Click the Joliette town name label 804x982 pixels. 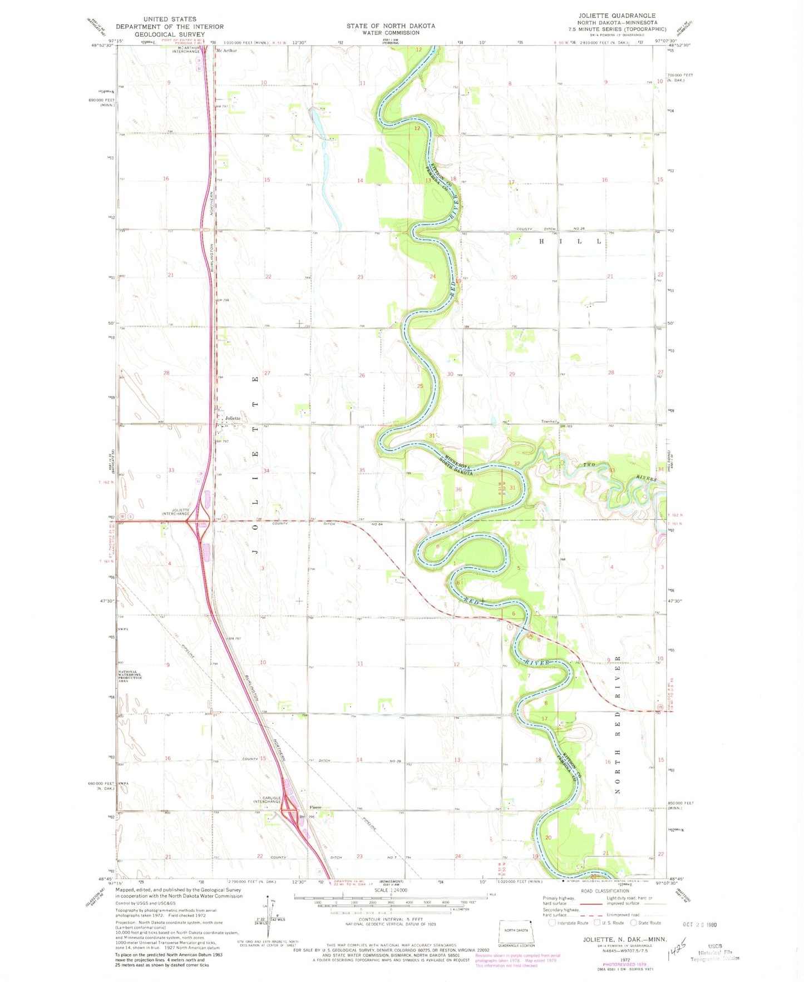tap(233, 418)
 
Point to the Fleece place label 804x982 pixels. tap(315, 807)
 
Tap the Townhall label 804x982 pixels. tap(549, 421)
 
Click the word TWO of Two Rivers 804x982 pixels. tap(589, 464)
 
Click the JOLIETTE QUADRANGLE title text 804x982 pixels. tap(617, 16)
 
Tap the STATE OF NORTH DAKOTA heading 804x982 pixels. tap(391, 26)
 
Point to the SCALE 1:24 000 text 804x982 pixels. tap(390, 890)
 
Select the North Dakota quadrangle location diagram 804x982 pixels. tap(516, 932)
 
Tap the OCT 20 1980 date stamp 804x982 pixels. tap(699, 924)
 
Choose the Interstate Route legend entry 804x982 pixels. tap(568, 923)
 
